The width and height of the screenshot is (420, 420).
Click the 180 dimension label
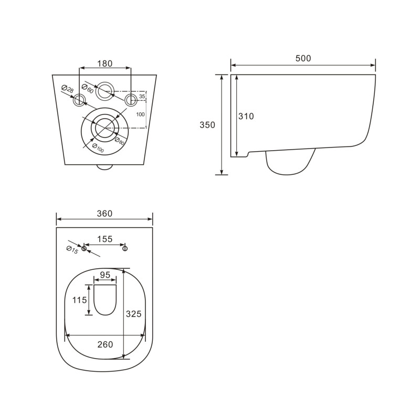pyautogui.click(x=105, y=64)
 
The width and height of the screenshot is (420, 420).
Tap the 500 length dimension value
pyautogui.click(x=303, y=58)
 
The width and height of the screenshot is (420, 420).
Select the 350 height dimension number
pyautogui.click(x=207, y=125)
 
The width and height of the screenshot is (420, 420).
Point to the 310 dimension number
pyautogui.click(x=246, y=117)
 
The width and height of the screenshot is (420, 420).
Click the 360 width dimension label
pyautogui.click(x=104, y=214)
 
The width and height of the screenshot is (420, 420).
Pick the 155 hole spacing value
pyautogui.click(x=104, y=239)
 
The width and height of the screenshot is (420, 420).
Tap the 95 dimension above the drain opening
pyautogui.click(x=104, y=275)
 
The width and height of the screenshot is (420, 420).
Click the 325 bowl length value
pyautogui.click(x=134, y=313)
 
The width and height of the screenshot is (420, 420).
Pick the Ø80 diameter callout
pyautogui.click(x=120, y=140)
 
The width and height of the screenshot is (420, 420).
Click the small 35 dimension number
pyautogui.click(x=142, y=97)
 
